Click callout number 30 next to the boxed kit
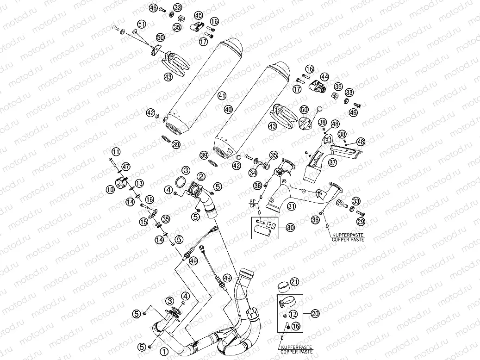[290, 227]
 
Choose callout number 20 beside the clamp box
[315, 313]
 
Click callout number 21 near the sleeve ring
[295, 282]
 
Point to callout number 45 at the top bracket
[199, 15]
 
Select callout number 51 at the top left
[142, 24]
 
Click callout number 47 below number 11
[126, 167]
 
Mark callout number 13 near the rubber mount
[139, 184]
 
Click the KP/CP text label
[253, 205]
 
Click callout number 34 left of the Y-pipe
[252, 173]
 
